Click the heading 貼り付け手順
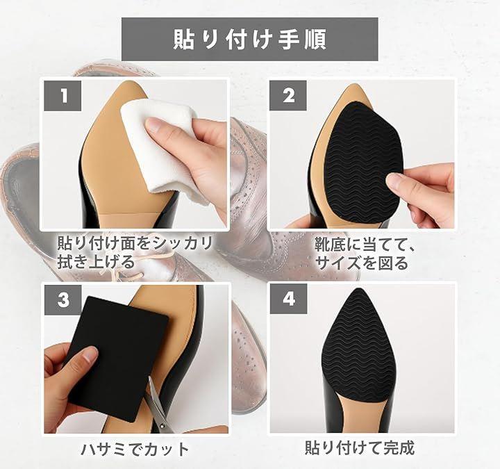coord(250,39)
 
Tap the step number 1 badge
coord(63,95)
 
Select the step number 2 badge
coord(288,95)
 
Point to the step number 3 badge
coord(62,299)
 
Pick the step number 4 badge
coord(289,299)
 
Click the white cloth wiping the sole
coord(160,147)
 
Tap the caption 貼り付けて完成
coord(360,447)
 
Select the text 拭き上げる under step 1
coord(96,262)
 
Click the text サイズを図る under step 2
coord(362,263)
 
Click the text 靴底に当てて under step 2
coord(364,245)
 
